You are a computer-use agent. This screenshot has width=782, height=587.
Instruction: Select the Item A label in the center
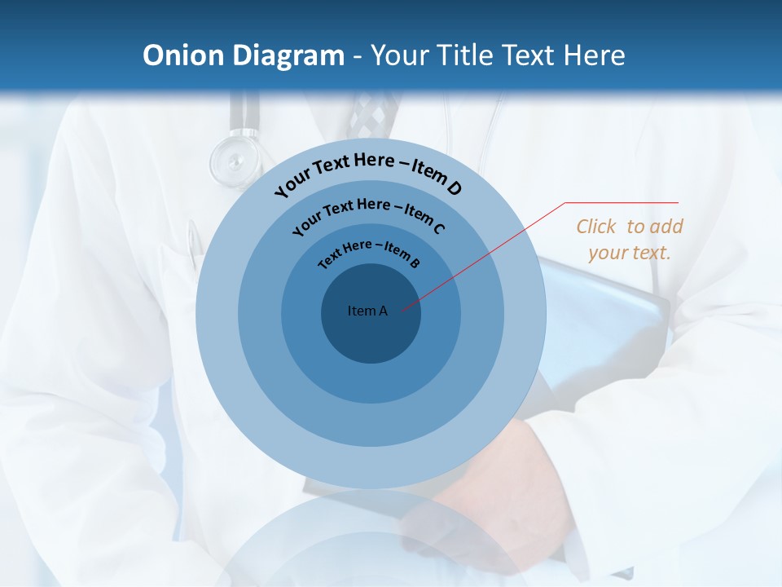pyautogui.click(x=367, y=311)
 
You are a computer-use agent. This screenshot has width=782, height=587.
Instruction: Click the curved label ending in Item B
pyautogui.click(x=369, y=253)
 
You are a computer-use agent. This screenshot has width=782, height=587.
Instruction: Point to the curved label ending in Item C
pyautogui.click(x=368, y=214)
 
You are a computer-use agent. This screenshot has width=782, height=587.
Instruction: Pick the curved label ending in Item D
pyautogui.click(x=368, y=174)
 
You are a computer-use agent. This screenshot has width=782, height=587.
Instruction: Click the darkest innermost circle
pyautogui.click(x=371, y=334)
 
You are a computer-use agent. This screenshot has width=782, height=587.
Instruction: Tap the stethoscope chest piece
pyautogui.click(x=234, y=159)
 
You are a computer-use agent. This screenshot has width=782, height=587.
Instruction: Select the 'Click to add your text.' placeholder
pyautogui.click(x=630, y=239)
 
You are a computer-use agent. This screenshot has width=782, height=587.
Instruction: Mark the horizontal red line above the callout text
pyautogui.click(x=622, y=202)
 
